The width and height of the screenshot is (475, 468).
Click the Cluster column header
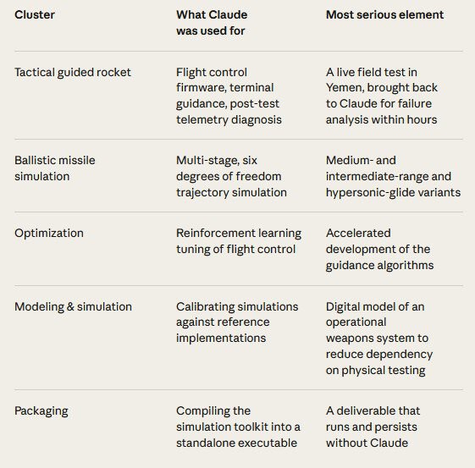pos(35,15)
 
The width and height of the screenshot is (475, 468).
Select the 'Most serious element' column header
pos(384,15)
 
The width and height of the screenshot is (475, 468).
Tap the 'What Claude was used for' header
pos(212,23)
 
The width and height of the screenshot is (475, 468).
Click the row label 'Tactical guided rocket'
pos(73,72)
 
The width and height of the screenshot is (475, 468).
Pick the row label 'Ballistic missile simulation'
pos(55,168)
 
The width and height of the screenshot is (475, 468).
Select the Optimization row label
pos(49,234)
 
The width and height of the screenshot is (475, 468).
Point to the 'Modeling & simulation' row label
pos(74,306)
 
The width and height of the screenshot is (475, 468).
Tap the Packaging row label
pos(41,411)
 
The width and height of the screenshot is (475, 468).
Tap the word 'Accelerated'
pos(358,234)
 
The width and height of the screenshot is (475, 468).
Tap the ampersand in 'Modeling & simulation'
pos(70,307)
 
